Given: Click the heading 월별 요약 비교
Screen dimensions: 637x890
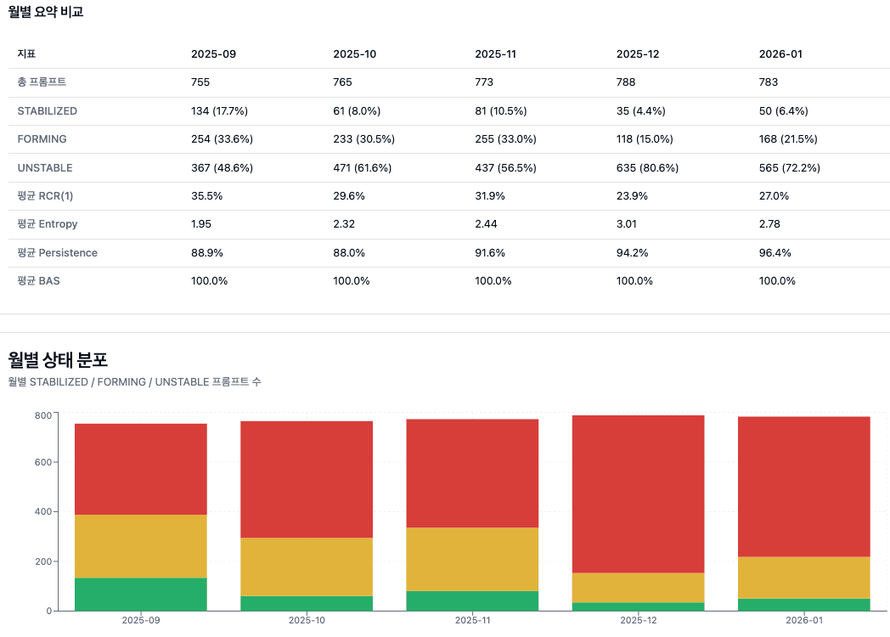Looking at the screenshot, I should point(46,12).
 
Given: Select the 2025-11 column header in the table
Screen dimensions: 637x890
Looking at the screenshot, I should point(495,54).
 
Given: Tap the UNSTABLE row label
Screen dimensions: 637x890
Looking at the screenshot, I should point(45,167).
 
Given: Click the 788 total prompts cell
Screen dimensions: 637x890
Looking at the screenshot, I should point(626,82).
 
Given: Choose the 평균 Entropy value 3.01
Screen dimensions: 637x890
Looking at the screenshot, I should point(628,224).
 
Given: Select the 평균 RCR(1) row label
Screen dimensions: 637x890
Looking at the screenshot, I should point(45,195).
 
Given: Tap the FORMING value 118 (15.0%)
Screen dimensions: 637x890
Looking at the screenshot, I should point(645,138).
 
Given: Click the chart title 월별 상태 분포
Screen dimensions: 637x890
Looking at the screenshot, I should point(58,359).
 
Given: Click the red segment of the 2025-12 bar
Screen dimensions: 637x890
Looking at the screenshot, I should point(638,493).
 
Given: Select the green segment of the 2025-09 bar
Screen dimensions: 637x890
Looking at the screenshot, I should point(141,594).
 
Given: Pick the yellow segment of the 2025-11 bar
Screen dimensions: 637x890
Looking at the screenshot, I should point(472,559).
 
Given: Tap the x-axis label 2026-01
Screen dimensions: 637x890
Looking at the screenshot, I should point(804,621).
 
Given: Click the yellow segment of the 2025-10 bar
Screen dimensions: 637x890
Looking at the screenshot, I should point(307,567).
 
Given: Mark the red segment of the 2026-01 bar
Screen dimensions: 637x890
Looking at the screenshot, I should point(804,486).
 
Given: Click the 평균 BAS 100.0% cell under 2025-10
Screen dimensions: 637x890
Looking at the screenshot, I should point(351,281).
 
